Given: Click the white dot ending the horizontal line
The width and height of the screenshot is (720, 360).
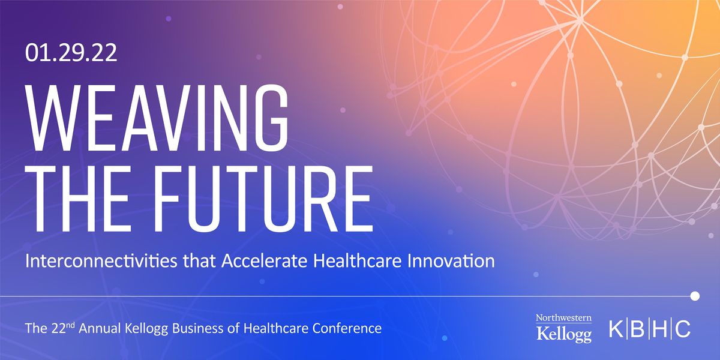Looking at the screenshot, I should [695, 296].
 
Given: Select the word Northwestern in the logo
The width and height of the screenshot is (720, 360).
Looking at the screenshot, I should [563, 318].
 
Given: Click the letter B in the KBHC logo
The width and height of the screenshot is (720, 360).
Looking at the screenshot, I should [639, 329].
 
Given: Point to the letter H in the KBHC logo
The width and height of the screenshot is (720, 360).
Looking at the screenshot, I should [661, 329].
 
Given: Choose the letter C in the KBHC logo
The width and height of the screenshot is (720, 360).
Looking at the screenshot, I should [683, 329].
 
